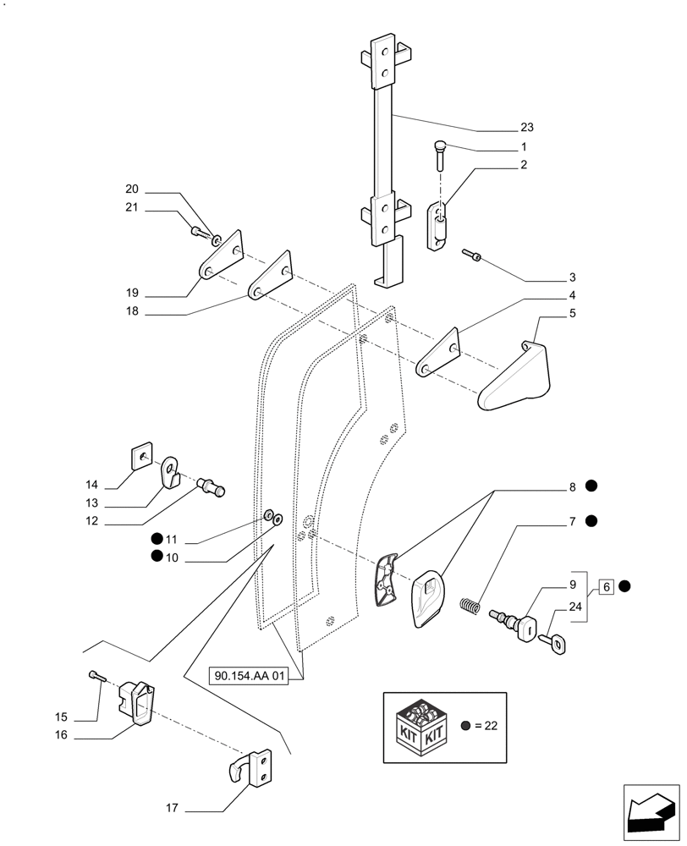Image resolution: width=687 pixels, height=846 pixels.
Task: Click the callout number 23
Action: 527,128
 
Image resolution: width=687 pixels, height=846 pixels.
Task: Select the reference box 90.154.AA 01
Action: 251,676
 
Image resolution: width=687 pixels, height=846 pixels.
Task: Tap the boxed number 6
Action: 606,585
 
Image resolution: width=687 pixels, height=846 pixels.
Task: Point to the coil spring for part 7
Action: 470,607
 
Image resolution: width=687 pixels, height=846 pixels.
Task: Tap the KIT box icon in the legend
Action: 420,727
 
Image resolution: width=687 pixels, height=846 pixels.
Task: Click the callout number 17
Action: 172,809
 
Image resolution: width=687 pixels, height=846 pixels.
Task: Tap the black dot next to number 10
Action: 157,556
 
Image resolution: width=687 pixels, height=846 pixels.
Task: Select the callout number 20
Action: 131,190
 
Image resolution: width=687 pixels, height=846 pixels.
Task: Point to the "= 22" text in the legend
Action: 488,726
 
